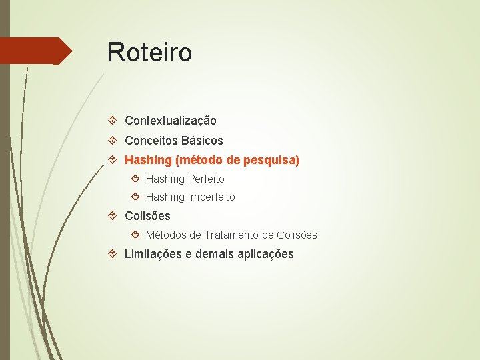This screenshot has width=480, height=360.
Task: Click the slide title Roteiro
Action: pyautogui.click(x=149, y=52)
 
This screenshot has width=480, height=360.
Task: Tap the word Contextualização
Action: pyautogui.click(x=171, y=121)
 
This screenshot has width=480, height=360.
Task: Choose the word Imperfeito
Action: pyautogui.click(x=211, y=197)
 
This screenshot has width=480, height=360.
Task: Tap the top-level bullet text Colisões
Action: pyautogui.click(x=147, y=216)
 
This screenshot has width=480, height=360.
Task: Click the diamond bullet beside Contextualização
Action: pyautogui.click(x=113, y=121)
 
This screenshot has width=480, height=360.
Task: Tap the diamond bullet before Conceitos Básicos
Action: pyautogui.click(x=113, y=141)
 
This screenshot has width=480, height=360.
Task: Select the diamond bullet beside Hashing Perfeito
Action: pyautogui.click(x=135, y=179)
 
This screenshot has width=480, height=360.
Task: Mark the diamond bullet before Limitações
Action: pyautogui.click(x=113, y=254)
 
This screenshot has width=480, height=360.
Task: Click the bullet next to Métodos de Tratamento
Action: pyautogui.click(x=135, y=235)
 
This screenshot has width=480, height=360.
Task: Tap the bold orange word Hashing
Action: pyautogui.click(x=148, y=161)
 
